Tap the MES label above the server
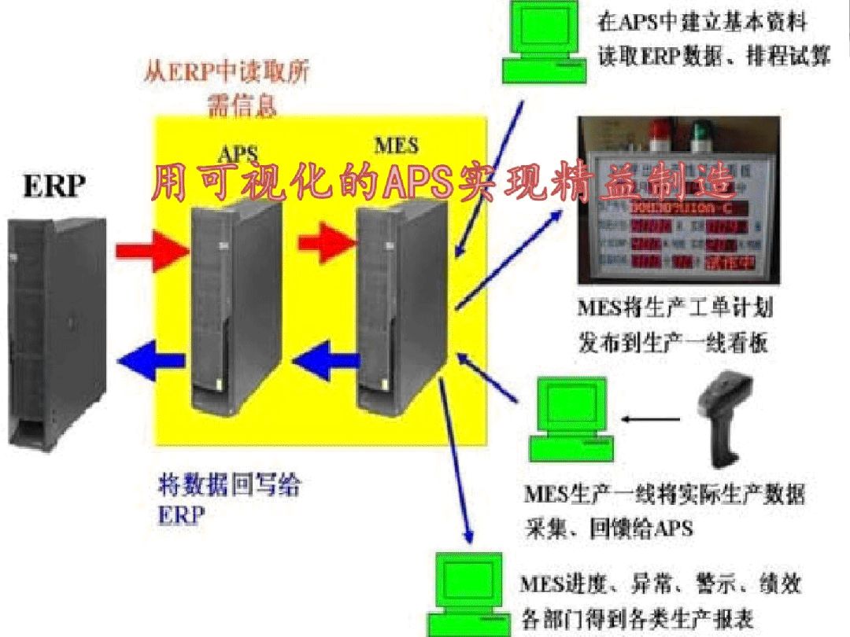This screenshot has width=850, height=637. pyautogui.click(x=396, y=145)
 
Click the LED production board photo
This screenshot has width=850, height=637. pyautogui.click(x=678, y=201)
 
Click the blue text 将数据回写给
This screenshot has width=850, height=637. pyautogui.click(x=229, y=485)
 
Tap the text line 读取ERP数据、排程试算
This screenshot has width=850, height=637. pyautogui.click(x=715, y=57)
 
